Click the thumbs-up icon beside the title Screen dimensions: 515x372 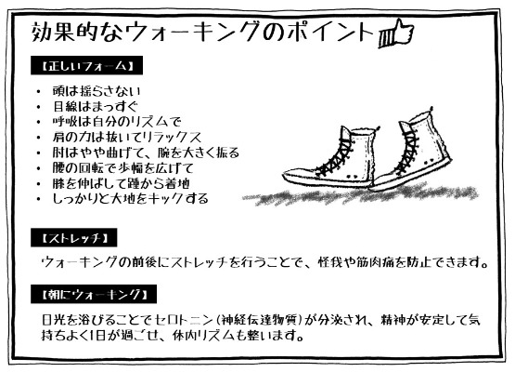(x=396, y=33)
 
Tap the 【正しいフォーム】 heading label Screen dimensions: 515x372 (x=86, y=66)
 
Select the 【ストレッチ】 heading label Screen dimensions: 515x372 (x=74, y=238)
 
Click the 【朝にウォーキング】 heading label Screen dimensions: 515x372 (x=94, y=294)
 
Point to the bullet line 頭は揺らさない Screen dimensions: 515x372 (x=97, y=91)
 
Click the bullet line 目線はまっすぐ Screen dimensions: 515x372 (x=96, y=106)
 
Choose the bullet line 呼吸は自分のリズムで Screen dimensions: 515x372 (x=117, y=122)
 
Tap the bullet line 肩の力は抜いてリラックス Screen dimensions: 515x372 (x=127, y=137)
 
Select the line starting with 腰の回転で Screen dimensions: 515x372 (x=123, y=168)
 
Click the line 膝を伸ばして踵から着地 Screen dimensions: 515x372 (x=121, y=183)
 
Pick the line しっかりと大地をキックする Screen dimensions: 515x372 (x=131, y=198)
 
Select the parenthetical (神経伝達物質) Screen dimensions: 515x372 (x=260, y=320)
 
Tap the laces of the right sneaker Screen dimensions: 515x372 (x=408, y=149)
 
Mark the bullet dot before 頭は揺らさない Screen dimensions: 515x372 (x=39, y=92)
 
